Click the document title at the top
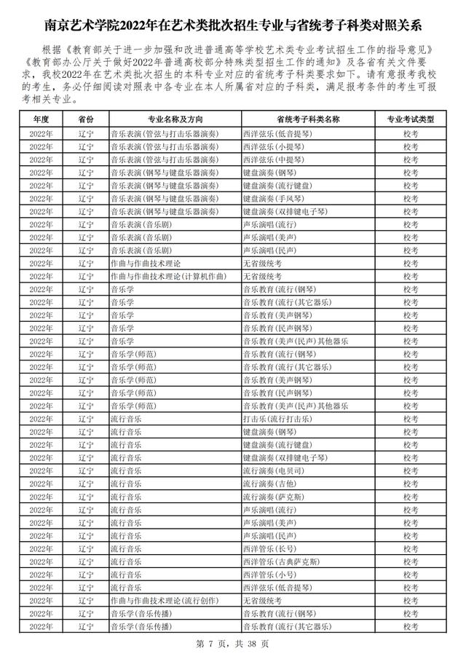(x=233, y=26)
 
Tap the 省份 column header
(x=86, y=119)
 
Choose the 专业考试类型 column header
(x=410, y=119)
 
